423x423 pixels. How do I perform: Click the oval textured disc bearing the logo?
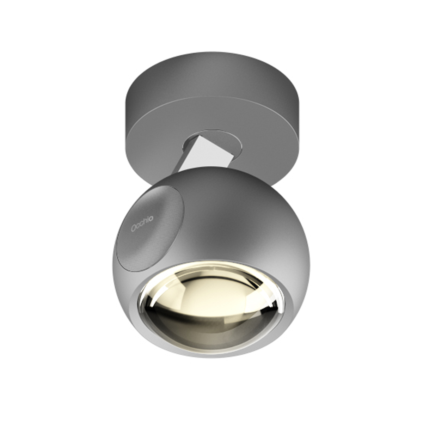152,233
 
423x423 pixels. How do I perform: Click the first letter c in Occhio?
139,226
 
